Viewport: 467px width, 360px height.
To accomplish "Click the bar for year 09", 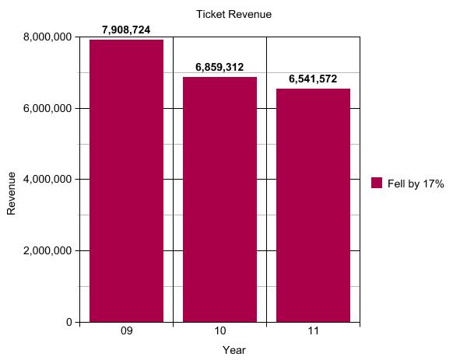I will coord(126,180).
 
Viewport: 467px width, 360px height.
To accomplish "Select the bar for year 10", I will coord(219,199).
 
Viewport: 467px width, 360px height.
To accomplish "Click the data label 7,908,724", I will coord(126,30).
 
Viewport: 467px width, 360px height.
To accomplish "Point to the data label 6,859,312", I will coord(219,68).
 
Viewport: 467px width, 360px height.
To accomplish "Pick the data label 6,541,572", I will coord(313,79).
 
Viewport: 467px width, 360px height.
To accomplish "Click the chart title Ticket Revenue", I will coord(233,14).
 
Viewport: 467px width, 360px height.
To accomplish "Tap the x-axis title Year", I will coord(233,350).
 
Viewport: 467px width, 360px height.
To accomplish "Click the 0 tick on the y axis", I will coord(69,322).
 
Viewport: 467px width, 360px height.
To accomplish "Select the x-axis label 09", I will coord(126,332).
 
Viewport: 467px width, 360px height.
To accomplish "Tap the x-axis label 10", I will coord(219,332).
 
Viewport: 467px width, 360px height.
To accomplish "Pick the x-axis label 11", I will coord(313,332).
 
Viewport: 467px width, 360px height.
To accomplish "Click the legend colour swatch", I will coord(377,183).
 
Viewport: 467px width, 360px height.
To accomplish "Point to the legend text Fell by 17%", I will coord(416,183).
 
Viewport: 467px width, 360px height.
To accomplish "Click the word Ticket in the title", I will coord(211,14).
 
